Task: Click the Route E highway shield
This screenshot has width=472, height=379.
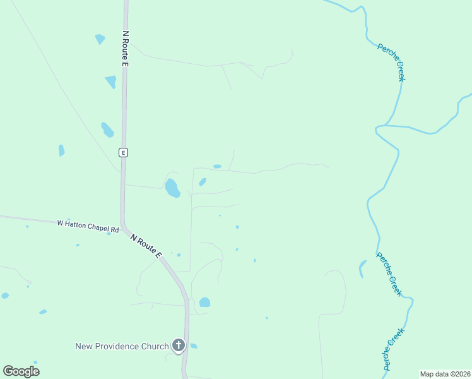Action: click(123, 152)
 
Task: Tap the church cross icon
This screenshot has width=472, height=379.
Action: click(179, 346)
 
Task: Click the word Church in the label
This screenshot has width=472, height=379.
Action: click(154, 346)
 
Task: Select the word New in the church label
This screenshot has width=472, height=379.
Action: click(83, 346)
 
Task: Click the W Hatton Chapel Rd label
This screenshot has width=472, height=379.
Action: click(88, 224)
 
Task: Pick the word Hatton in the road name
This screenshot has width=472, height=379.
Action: click(74, 223)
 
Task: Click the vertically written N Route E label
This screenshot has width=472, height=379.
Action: click(126, 49)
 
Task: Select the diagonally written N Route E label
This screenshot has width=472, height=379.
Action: click(146, 246)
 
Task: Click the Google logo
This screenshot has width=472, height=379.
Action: click(21, 371)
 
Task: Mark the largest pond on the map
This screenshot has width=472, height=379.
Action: click(172, 188)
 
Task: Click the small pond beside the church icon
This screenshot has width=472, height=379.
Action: click(194, 346)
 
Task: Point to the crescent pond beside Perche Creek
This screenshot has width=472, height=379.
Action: click(362, 268)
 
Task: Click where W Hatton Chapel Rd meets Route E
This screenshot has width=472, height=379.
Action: click(123, 224)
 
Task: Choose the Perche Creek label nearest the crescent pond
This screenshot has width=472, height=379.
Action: click(389, 274)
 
